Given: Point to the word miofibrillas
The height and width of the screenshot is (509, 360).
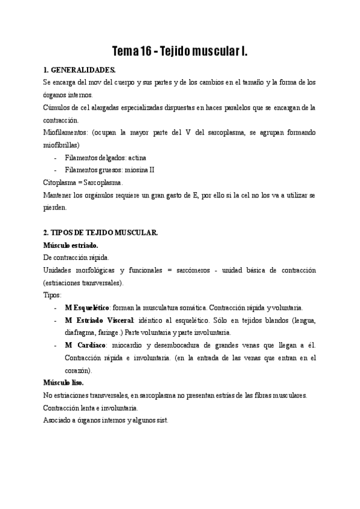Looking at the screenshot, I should (62, 145).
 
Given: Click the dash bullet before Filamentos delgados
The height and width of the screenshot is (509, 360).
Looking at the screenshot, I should (56, 157).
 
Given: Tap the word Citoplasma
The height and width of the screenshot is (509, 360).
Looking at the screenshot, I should (61, 182).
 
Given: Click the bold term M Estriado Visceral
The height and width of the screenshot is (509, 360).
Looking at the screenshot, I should (100, 320).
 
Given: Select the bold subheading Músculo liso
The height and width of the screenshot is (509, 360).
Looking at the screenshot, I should (64, 382).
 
